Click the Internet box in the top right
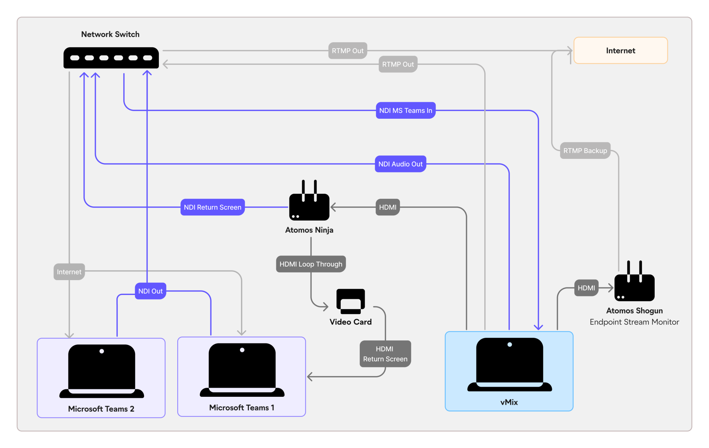[x=620, y=51]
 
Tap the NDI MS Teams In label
[x=405, y=110]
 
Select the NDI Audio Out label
[x=400, y=164]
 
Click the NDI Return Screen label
[x=212, y=207]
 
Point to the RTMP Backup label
[x=585, y=151]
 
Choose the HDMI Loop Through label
[x=311, y=264]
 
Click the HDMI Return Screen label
[x=385, y=354]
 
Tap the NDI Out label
[x=150, y=291]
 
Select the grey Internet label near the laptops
[x=69, y=272]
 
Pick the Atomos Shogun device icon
[x=634, y=284]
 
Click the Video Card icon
[x=350, y=301]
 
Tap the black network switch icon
[x=111, y=58]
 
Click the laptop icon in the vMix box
[x=509, y=365]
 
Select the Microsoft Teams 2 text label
[x=101, y=409]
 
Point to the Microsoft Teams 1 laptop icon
[x=242, y=370]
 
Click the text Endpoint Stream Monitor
[x=634, y=322]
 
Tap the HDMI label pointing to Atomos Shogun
[x=586, y=288]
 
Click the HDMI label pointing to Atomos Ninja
[x=387, y=207]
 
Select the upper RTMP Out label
[x=347, y=51]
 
